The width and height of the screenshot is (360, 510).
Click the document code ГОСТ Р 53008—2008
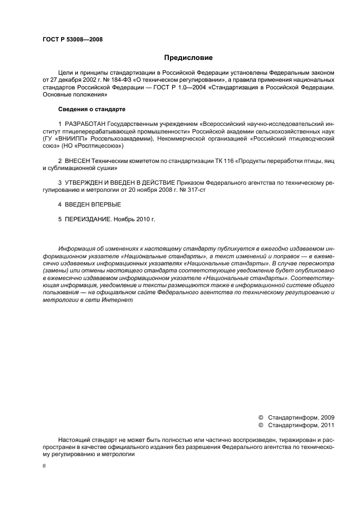coord(72,40)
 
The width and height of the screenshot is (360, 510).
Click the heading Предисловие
coord(188,58)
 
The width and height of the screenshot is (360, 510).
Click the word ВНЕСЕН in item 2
coord(78,162)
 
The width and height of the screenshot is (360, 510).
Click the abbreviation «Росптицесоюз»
coord(97,147)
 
